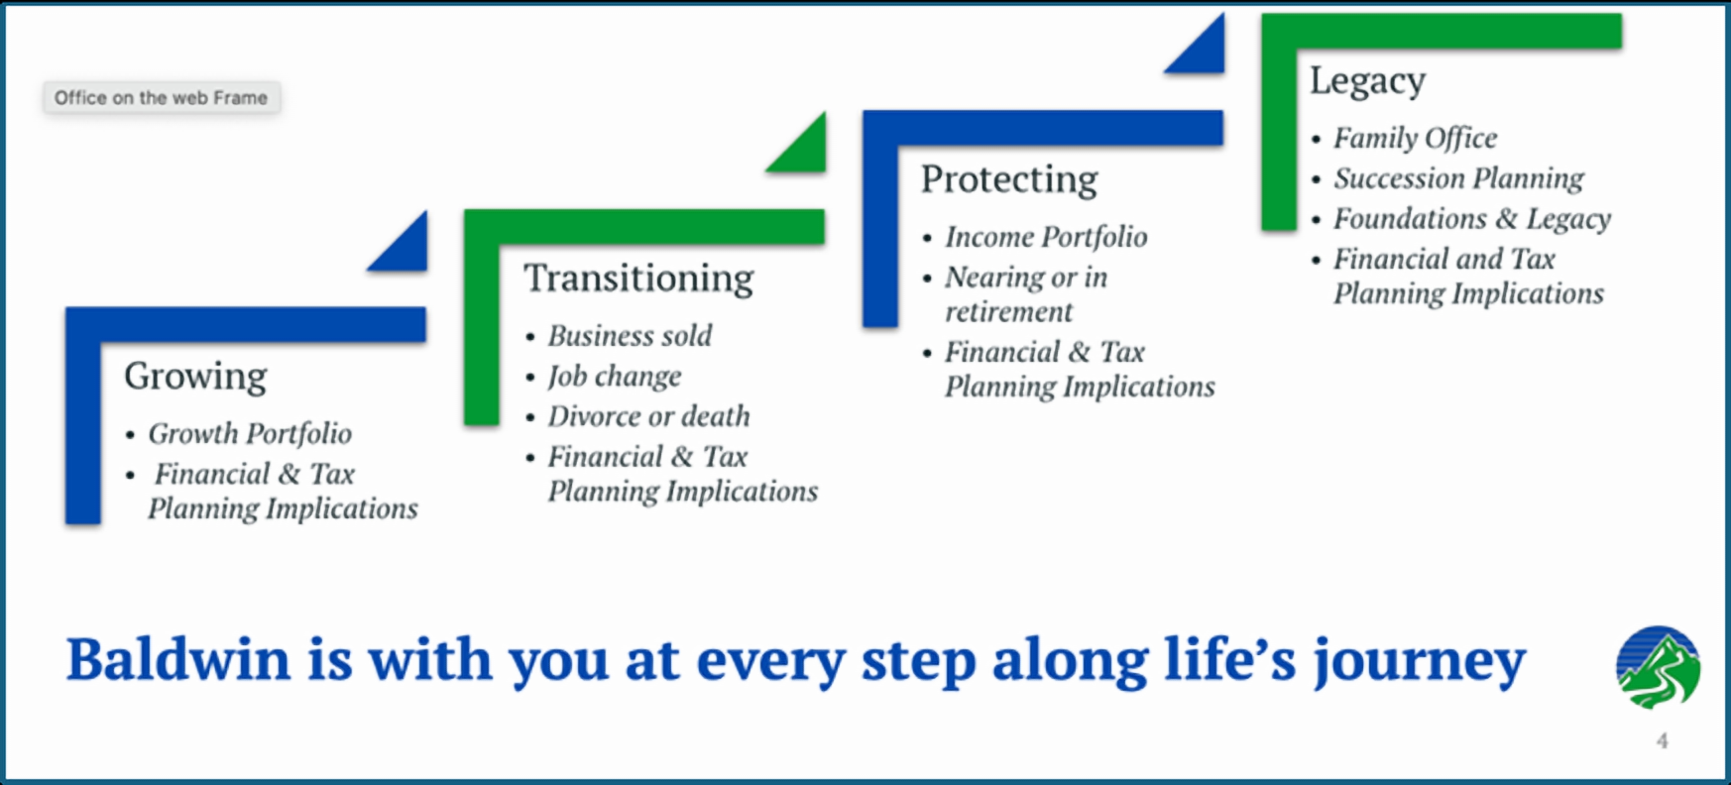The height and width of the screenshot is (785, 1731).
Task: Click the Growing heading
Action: tap(195, 377)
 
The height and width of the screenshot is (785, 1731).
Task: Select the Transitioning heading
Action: tap(638, 279)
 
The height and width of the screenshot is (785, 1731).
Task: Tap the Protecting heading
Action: tap(1009, 179)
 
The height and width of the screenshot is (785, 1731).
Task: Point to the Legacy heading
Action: tap(1367, 81)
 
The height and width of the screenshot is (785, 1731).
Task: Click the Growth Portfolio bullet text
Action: tap(250, 434)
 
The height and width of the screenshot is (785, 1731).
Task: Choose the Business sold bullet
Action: tap(630, 336)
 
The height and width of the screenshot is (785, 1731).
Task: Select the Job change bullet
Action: tap(615, 377)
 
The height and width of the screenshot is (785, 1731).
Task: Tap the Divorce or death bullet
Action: tap(648, 416)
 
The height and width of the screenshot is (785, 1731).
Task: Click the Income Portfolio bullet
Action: tap(1046, 237)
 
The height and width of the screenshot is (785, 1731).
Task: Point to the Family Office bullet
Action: tap(1415, 138)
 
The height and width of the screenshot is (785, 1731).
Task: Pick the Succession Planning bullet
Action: tap(1458, 178)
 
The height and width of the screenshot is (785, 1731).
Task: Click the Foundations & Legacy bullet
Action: tap(1471, 218)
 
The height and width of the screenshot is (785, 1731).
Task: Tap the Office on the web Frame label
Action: tap(161, 97)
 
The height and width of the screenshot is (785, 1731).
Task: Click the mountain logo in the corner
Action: tap(1658, 667)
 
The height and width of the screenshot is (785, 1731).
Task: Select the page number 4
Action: tap(1662, 740)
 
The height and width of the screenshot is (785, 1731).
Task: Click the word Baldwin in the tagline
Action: tap(178, 659)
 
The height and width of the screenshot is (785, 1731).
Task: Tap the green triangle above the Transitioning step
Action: tap(805, 150)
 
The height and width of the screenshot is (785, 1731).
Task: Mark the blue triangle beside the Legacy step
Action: tap(1204, 52)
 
